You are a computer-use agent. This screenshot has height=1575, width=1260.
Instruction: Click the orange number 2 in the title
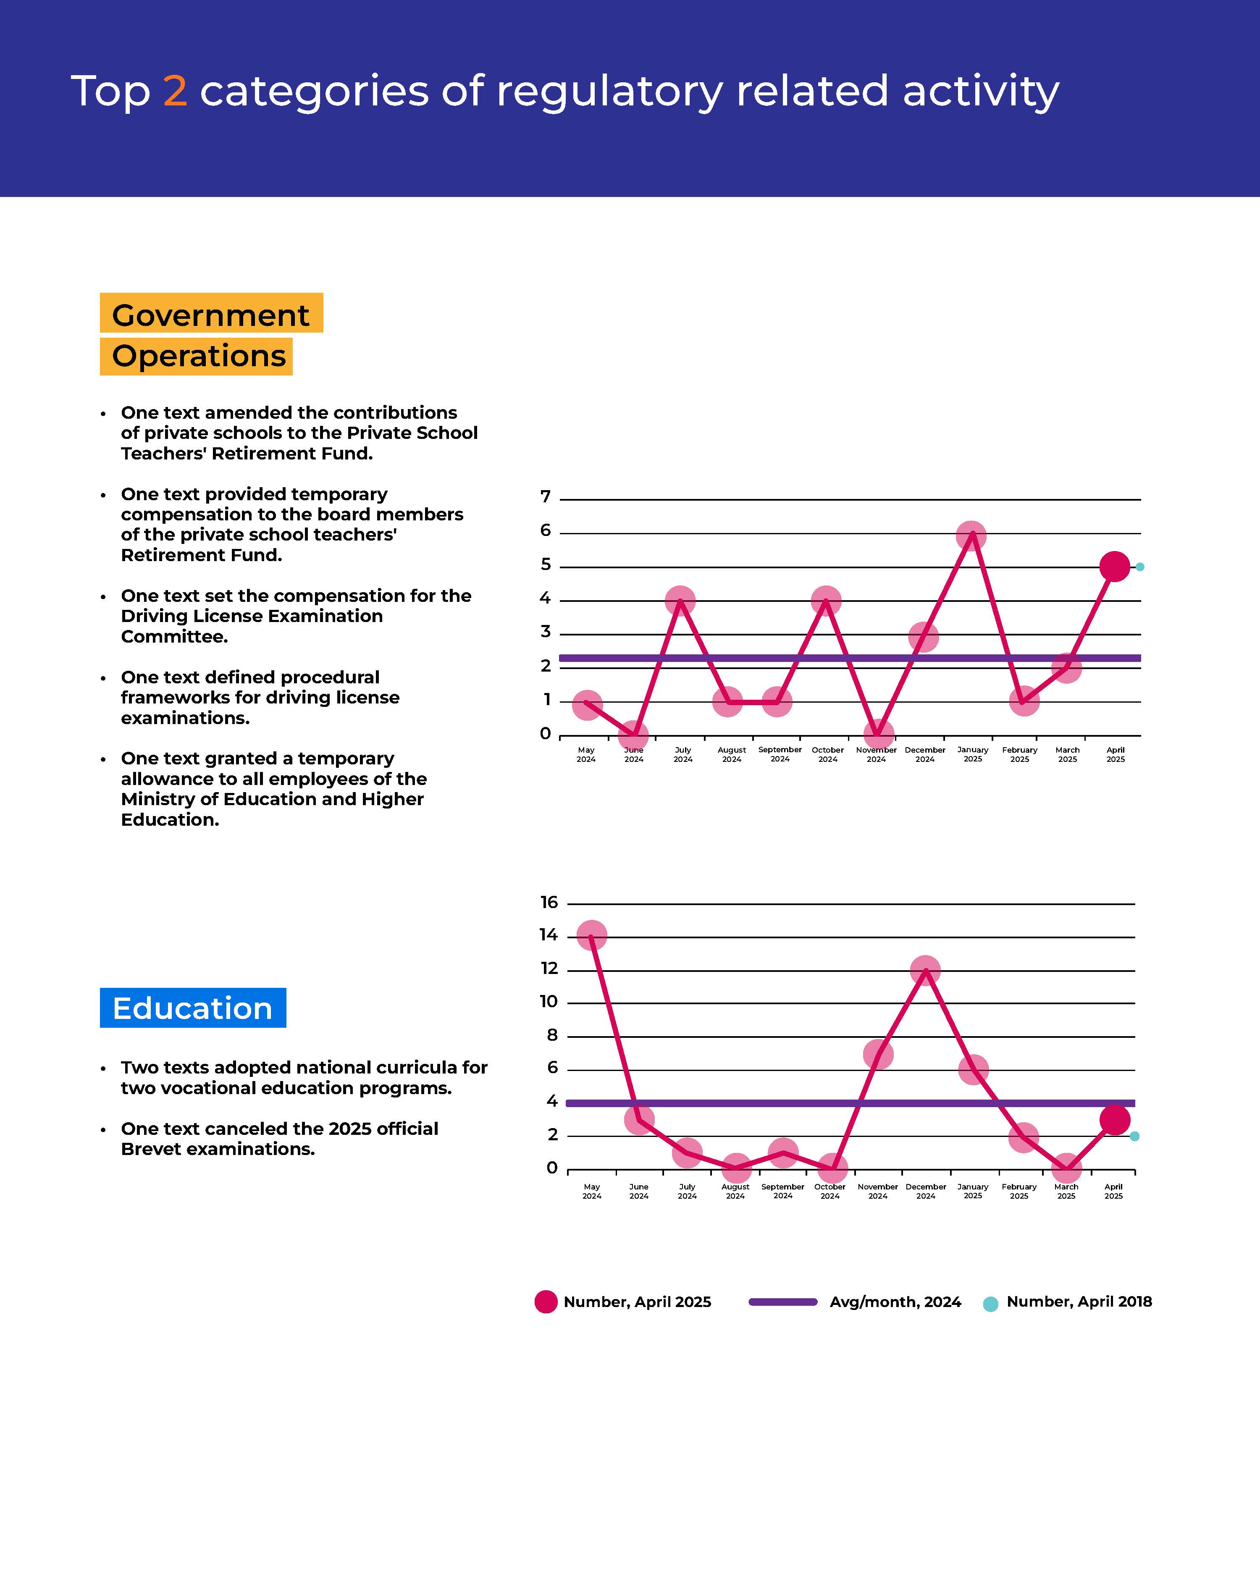pyautogui.click(x=175, y=91)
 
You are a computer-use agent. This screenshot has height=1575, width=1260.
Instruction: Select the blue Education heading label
pyautogui.click(x=193, y=1008)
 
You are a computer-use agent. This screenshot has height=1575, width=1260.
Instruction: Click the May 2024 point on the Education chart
pyautogui.click(x=592, y=934)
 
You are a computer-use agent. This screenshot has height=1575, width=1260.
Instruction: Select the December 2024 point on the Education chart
pyautogui.click(x=925, y=970)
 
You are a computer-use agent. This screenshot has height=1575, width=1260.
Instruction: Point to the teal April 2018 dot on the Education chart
pyautogui.click(x=1134, y=1136)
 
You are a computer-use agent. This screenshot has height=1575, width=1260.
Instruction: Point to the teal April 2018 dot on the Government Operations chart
pyautogui.click(x=1139, y=567)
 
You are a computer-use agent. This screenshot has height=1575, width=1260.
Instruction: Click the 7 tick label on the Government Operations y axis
pyautogui.click(x=545, y=497)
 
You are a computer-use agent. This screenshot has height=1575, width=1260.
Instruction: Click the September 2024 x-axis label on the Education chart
pyautogui.click(x=782, y=1191)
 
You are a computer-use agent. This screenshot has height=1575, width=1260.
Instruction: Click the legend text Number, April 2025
pyautogui.click(x=637, y=1302)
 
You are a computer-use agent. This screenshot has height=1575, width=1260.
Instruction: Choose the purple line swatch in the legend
pyautogui.click(x=783, y=1302)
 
